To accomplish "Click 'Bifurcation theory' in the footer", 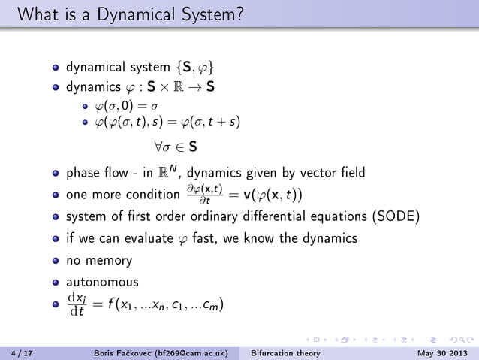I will pos(285,352).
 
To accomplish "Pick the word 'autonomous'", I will pos(102,283).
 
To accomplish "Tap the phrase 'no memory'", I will pos(99,261).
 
